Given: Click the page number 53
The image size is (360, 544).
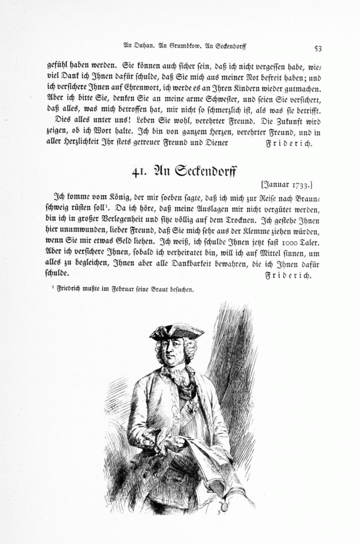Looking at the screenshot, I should click(x=318, y=48).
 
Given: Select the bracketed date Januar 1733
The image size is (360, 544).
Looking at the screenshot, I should click(x=286, y=185).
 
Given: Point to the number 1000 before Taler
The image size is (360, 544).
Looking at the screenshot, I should click(x=283, y=243).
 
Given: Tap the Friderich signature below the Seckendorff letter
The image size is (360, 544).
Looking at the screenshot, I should click(x=288, y=276).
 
